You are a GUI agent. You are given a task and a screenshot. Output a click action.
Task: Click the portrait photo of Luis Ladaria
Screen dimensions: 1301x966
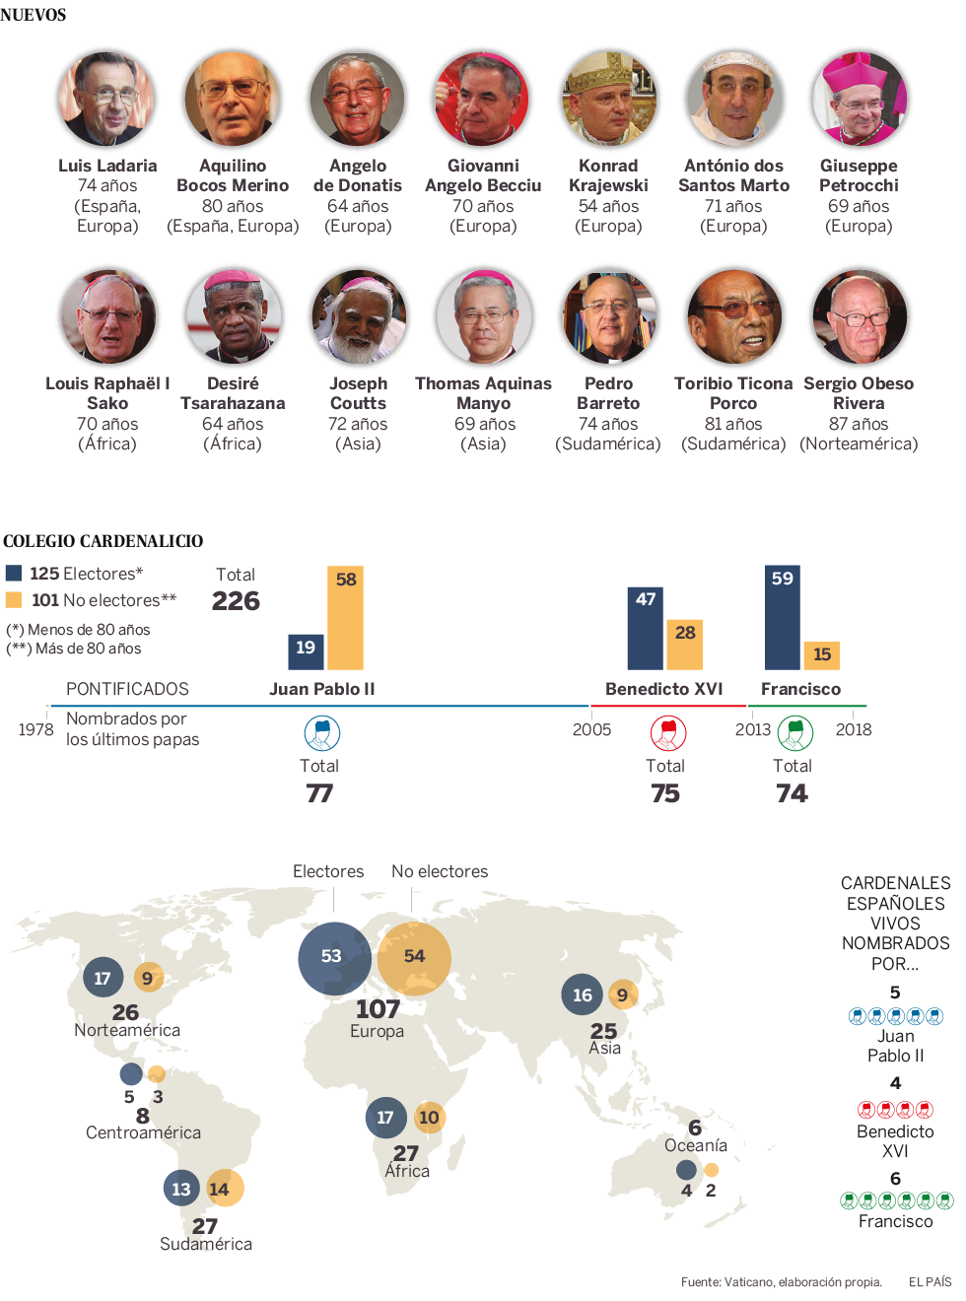[x=106, y=100]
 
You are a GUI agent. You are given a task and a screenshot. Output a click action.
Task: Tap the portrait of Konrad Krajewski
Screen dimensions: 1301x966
[x=608, y=100]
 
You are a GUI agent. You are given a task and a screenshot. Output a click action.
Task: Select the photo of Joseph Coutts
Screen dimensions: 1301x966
[x=358, y=317]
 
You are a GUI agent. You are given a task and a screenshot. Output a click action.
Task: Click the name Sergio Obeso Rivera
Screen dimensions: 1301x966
[x=859, y=393]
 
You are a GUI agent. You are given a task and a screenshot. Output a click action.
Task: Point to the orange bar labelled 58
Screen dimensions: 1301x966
[x=346, y=618]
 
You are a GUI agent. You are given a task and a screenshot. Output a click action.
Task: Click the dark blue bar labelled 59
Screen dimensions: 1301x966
[x=783, y=618]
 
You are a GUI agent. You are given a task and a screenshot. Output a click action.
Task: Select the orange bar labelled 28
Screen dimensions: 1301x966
[x=685, y=645]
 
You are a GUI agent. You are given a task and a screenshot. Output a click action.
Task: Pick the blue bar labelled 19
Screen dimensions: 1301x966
[x=306, y=652]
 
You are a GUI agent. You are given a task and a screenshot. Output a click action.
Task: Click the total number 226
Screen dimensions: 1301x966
[x=236, y=601]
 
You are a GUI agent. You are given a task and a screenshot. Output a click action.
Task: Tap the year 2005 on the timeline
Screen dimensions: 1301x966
[x=591, y=729]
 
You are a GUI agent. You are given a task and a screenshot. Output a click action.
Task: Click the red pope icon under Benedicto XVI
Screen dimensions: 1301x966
[x=667, y=732]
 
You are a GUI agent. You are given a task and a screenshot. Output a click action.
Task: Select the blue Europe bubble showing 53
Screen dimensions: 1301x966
[x=334, y=957]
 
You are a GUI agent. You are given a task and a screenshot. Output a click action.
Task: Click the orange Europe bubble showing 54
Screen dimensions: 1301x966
[x=414, y=957]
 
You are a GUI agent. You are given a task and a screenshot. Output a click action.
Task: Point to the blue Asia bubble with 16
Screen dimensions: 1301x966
[x=583, y=995]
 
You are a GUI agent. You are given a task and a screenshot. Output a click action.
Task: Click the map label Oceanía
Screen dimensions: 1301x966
[x=696, y=1145]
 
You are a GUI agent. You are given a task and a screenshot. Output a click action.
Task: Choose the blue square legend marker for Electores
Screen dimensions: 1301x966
[x=15, y=574]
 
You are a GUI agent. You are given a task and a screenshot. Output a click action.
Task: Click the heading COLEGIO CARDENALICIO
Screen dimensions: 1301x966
[x=103, y=541]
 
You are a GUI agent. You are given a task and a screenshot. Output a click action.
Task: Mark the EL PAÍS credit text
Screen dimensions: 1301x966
[x=930, y=1282]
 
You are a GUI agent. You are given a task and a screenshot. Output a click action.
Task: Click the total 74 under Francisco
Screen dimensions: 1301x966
[x=792, y=793]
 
